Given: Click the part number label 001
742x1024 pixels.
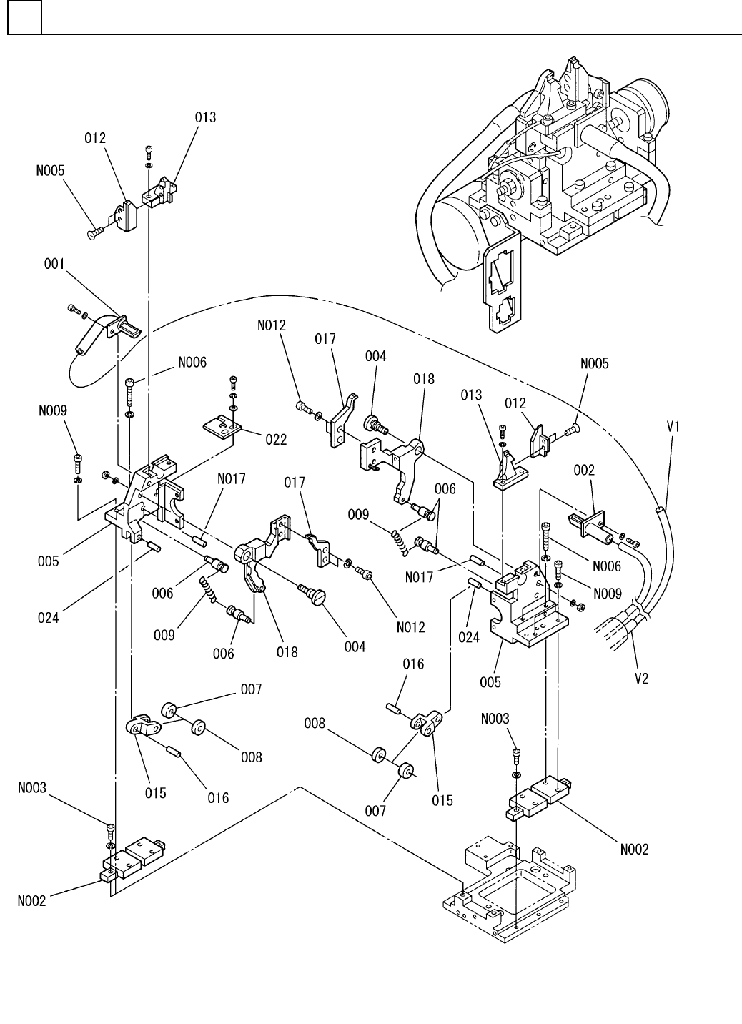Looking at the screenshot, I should coord(54,264).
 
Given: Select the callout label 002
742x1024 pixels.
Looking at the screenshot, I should coord(584,471).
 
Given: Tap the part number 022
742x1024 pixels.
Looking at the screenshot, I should coord(276,440).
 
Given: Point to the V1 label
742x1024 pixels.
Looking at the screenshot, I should coord(673,426).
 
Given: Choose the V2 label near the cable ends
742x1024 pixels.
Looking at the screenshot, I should coord(642,678).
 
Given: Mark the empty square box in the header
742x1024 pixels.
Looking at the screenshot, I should coord(24,19).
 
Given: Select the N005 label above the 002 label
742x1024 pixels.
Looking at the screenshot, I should coord(594,363).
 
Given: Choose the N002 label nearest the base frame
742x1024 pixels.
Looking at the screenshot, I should coord(633,849).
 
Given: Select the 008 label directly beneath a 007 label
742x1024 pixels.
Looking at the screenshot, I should coord(252,757).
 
